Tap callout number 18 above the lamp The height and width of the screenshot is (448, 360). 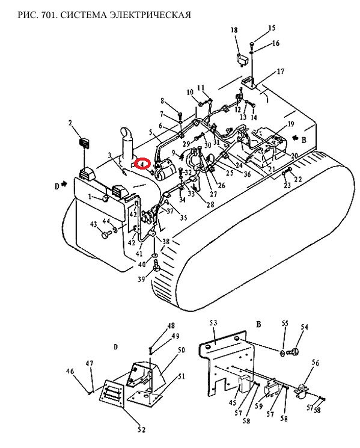[x=234, y=30]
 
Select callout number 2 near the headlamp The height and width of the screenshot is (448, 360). [x=70, y=123]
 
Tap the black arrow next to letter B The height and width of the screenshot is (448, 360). [x=295, y=138]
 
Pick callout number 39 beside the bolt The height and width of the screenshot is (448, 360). [x=142, y=278]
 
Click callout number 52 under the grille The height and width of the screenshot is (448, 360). [x=142, y=429]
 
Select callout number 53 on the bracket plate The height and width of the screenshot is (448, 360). [x=213, y=322]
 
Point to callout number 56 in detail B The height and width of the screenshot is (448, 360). [x=315, y=363]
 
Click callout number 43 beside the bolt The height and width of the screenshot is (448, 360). [x=94, y=224]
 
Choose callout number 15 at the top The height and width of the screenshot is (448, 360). [x=272, y=28]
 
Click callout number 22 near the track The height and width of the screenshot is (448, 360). [x=297, y=179]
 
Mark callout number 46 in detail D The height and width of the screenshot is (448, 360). [x=70, y=371]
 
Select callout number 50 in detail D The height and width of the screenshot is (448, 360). [x=181, y=350]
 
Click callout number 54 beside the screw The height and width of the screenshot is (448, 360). [x=304, y=327]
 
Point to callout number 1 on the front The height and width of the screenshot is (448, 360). [x=90, y=197]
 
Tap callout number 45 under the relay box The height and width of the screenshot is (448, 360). [x=233, y=402]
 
